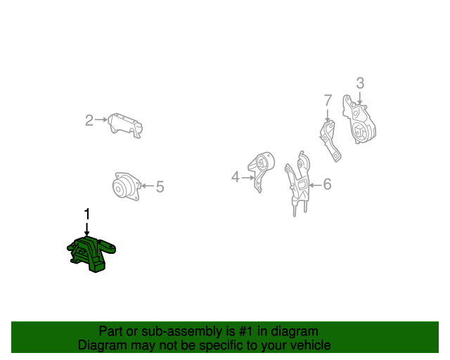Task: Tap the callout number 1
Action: click(x=86, y=214)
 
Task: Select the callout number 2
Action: click(x=89, y=120)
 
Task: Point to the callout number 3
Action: click(x=360, y=83)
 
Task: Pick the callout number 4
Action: click(x=236, y=177)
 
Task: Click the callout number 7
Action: click(x=328, y=101)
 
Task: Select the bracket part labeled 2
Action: click(x=125, y=125)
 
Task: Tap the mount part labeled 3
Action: click(x=359, y=120)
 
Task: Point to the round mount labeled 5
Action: click(x=127, y=186)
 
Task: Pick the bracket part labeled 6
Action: click(x=298, y=184)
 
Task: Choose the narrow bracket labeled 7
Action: click(x=330, y=141)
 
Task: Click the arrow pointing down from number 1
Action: click(x=86, y=229)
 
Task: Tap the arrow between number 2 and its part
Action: click(x=101, y=120)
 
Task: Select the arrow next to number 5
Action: click(x=148, y=186)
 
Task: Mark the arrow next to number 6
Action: click(x=316, y=185)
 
